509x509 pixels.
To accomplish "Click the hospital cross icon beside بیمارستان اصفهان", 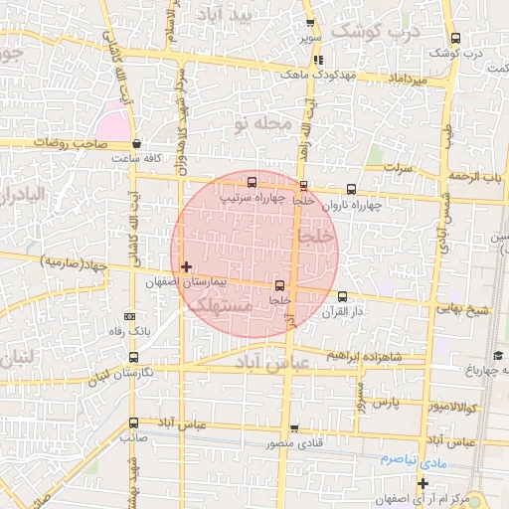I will pos(186,266).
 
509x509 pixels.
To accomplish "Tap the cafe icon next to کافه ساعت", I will pos(136,143).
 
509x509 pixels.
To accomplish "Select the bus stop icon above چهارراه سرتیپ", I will pos(252,182).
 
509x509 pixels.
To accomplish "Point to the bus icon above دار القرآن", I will pos(342,295).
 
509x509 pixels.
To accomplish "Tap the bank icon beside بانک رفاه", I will pos(130,315).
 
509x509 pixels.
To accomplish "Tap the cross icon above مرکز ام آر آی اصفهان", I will pos(423,483).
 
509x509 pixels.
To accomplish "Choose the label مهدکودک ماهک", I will pos(309,74).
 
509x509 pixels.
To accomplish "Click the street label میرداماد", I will pos(409,78).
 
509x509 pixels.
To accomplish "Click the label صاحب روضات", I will pos(69,143).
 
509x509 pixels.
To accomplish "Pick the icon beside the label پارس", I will pos(363,403).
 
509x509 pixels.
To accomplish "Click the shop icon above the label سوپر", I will pos(310,23).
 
